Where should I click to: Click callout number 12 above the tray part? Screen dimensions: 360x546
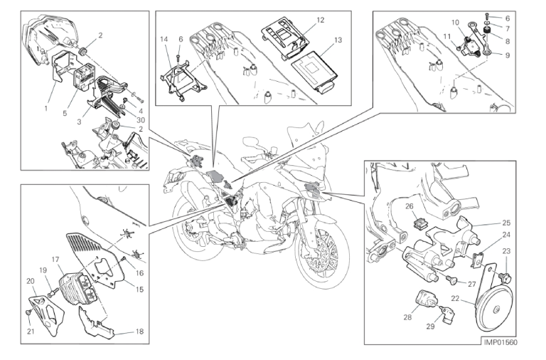(321, 21)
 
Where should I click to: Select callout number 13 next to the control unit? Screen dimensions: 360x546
(337, 40)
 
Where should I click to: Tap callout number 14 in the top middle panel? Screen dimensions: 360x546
(164, 40)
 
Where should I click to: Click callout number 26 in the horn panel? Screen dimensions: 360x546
(409, 206)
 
